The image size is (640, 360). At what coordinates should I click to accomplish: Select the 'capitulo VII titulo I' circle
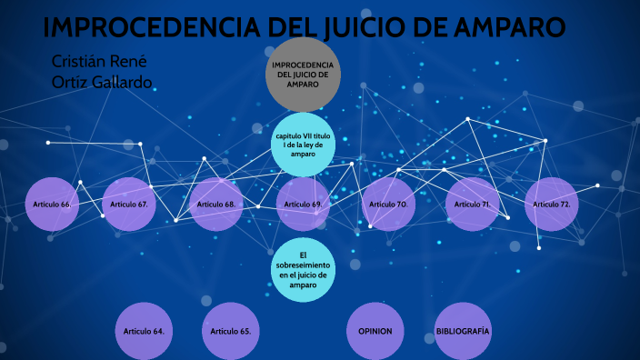[304, 145]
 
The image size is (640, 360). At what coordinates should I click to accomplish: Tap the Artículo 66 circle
[52, 205]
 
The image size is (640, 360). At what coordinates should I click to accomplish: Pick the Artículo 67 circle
[129, 205]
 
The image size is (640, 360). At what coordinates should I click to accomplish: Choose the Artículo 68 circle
[216, 205]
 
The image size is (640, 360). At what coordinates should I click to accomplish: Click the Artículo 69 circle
[303, 205]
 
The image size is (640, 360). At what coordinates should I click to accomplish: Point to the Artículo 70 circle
[388, 205]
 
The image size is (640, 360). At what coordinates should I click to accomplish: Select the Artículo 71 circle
[473, 205]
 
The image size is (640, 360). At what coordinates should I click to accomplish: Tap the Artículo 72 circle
[552, 205]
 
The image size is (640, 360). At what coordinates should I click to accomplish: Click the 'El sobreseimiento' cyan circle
[304, 268]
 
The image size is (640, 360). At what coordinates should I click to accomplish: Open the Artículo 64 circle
[144, 331]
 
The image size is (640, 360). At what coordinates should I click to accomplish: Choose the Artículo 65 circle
[230, 331]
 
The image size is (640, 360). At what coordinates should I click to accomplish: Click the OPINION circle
[374, 331]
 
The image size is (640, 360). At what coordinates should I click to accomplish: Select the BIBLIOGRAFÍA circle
[463, 331]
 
